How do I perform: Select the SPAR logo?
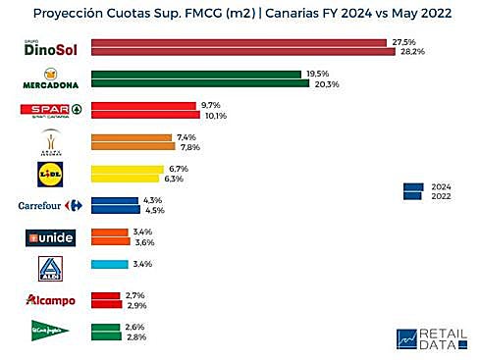[46, 110]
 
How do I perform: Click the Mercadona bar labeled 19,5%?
[195, 74]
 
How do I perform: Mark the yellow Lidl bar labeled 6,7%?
[127, 169]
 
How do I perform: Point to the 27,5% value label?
[402, 42]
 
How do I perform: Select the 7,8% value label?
[188, 147]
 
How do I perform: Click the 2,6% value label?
[133, 327]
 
